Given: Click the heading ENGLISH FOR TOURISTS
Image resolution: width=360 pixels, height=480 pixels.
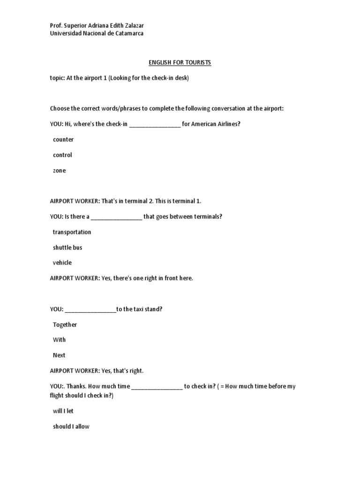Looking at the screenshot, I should pyautogui.click(x=180, y=62).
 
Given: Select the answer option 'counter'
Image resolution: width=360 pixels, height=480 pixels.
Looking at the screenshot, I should pyautogui.click(x=63, y=139).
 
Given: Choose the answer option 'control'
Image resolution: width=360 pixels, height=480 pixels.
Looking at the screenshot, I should pyautogui.click(x=62, y=155).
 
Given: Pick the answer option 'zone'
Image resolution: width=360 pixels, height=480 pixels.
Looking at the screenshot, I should pyautogui.click(x=60, y=171).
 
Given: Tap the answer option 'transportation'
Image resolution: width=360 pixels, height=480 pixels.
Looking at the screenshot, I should pyautogui.click(x=72, y=232).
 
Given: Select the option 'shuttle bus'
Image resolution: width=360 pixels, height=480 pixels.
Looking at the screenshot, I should pyautogui.click(x=67, y=247).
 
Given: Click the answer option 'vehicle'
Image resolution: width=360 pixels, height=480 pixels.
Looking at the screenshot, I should pyautogui.click(x=62, y=262).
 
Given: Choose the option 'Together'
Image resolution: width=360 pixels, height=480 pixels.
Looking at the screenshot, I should pyautogui.click(x=65, y=324).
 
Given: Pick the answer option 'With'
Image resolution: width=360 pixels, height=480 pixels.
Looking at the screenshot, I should pyautogui.click(x=60, y=339).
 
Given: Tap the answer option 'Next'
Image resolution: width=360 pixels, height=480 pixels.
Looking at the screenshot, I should pyautogui.click(x=59, y=355).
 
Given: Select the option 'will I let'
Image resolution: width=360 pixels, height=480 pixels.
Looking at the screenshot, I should pyautogui.click(x=63, y=411).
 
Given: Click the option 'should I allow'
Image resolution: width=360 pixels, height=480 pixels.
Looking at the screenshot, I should pyautogui.click(x=71, y=427).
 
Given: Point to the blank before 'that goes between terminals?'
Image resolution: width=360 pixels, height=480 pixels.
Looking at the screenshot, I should pyautogui.click(x=116, y=217).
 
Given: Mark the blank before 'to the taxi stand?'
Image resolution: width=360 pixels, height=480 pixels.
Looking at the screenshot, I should pyautogui.click(x=90, y=309).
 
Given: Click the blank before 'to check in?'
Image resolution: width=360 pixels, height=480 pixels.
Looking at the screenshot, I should pyautogui.click(x=157, y=387).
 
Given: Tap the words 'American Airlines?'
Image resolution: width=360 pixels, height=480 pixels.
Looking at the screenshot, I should pyautogui.click(x=216, y=124).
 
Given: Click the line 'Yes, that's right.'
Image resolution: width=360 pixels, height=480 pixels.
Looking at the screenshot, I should pyautogui.click(x=122, y=371).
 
